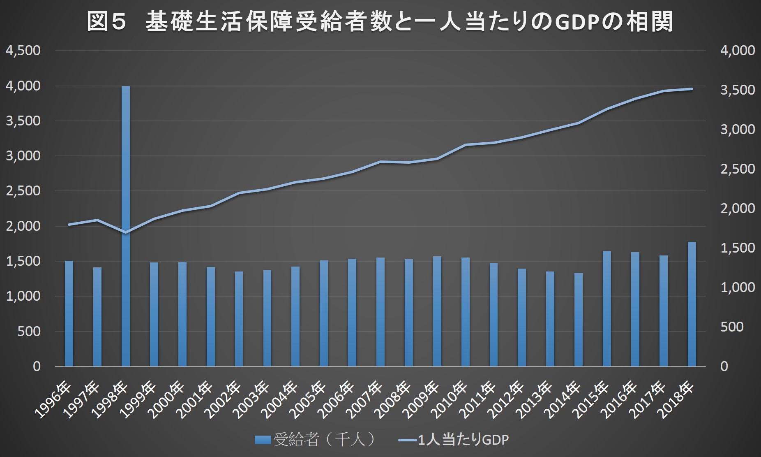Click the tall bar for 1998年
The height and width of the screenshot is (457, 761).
(126, 226)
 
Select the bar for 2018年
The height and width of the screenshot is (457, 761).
(692, 304)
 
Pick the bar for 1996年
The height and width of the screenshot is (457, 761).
(69, 313)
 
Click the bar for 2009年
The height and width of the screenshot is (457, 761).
(437, 311)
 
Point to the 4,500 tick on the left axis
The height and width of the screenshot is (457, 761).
(23, 51)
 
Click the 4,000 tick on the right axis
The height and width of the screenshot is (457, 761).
(738, 51)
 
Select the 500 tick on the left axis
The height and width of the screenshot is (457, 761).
(29, 332)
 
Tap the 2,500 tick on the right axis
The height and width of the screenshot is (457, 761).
(738, 169)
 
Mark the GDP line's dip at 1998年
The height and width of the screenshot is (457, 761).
(126, 233)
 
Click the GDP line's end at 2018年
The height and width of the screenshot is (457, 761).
(692, 89)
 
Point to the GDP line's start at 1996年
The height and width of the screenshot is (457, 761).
(69, 225)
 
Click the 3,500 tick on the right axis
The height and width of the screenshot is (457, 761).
(738, 90)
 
